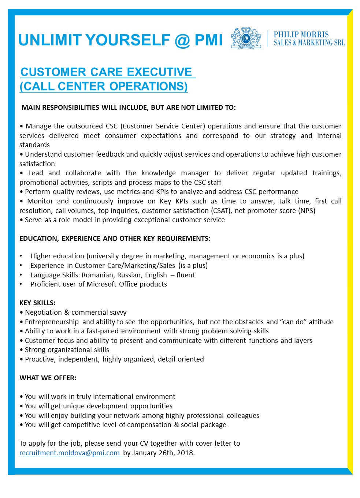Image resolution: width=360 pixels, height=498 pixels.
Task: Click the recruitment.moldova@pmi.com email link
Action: pyautogui.click(x=70, y=453)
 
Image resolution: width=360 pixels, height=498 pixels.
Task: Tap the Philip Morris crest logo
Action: pyautogui.click(x=246, y=38)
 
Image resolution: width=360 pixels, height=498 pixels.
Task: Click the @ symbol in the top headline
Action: pyautogui.click(x=182, y=40)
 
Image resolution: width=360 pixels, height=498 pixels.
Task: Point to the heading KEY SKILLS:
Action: pyautogui.click(x=37, y=303)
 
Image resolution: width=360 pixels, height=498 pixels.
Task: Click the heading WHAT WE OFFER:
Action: pyautogui.click(x=48, y=378)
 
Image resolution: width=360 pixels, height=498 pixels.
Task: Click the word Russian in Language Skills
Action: pyautogui.click(x=130, y=275)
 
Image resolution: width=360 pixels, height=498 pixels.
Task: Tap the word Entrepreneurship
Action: pyautogui.click(x=52, y=322)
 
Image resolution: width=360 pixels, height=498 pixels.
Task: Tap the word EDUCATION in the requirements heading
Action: pyautogui.click(x=39, y=238)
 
